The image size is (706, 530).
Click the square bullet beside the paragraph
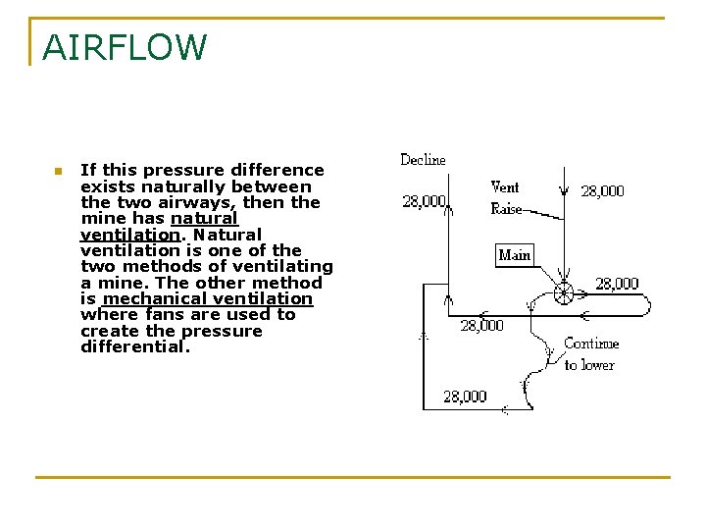(x=58, y=171)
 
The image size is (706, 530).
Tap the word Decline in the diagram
(x=423, y=160)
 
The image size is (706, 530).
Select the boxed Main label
(x=514, y=255)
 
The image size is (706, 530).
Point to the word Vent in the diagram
(x=505, y=186)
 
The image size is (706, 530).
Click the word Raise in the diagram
(x=506, y=209)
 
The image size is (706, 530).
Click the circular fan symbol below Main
(x=564, y=292)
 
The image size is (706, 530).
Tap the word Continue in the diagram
(x=591, y=344)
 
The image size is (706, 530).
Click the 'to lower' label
(x=589, y=365)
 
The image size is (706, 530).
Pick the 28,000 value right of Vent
(x=602, y=191)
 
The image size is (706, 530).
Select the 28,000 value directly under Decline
(x=424, y=201)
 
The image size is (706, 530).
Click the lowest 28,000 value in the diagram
(x=464, y=397)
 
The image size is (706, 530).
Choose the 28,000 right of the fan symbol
(x=617, y=284)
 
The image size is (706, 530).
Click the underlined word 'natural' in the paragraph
(x=204, y=219)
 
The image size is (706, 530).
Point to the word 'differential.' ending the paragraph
(x=132, y=346)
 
